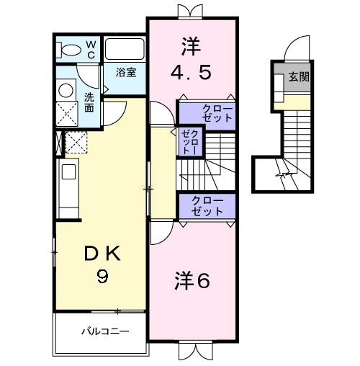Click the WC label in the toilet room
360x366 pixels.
(x=91, y=50)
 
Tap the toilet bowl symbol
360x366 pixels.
(x=68, y=50)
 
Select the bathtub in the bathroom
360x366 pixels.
(x=125, y=49)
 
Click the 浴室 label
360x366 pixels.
(x=126, y=73)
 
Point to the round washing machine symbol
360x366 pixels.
(x=66, y=90)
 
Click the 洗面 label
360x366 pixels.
(x=89, y=103)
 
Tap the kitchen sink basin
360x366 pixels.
(x=68, y=171)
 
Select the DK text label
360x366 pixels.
(x=102, y=254)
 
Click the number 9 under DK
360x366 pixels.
(x=102, y=276)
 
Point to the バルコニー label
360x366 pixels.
(x=105, y=331)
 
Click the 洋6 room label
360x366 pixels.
(x=192, y=280)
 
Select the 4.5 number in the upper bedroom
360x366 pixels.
(x=192, y=73)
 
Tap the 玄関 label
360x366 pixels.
(x=299, y=77)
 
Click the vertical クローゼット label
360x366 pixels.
(x=190, y=142)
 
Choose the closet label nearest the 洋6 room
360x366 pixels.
(x=207, y=206)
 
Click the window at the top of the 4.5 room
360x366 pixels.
(x=190, y=12)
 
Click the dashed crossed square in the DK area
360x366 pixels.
(x=76, y=142)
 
